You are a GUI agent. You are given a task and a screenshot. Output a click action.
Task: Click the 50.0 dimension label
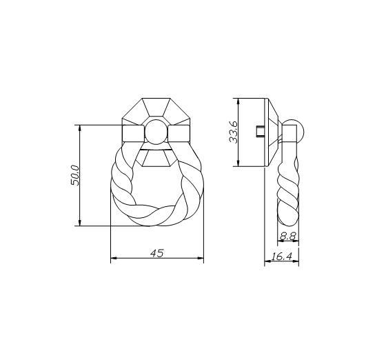point(75,175)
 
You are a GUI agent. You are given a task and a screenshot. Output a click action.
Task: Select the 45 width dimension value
point(157,253)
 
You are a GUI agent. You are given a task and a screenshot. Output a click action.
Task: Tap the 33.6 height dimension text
point(233,132)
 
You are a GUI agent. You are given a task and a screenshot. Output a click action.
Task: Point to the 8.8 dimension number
point(287,236)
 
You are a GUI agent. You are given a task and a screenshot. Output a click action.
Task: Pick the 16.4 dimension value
point(281,257)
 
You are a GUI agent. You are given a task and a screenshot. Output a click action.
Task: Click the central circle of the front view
point(156,132)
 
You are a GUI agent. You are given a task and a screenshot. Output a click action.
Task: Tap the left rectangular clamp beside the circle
point(133,134)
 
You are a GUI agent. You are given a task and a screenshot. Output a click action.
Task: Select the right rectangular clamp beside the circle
point(179,134)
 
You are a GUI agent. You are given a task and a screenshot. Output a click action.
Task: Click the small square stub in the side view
point(261,131)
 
